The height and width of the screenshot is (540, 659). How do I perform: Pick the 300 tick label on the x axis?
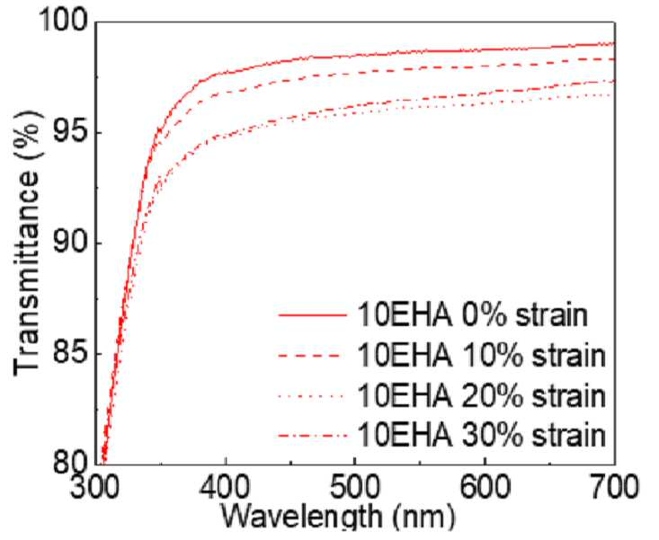(95, 488)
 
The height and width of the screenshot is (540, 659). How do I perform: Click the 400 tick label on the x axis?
(226, 488)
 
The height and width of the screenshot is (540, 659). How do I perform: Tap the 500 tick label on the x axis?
(355, 488)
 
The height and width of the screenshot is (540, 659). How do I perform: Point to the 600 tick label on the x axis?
(485, 488)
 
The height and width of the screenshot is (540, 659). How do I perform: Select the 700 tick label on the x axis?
(613, 488)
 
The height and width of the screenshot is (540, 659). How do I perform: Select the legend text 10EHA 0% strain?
(472, 315)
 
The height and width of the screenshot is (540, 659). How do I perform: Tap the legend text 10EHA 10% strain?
(482, 356)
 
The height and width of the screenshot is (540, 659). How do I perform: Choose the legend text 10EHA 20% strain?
(482, 395)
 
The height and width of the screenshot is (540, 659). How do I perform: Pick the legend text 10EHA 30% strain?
(482, 435)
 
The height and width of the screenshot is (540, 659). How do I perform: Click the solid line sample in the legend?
(313, 315)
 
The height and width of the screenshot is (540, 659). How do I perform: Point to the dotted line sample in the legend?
(313, 394)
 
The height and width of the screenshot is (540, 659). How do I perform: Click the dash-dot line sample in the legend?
(313, 434)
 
